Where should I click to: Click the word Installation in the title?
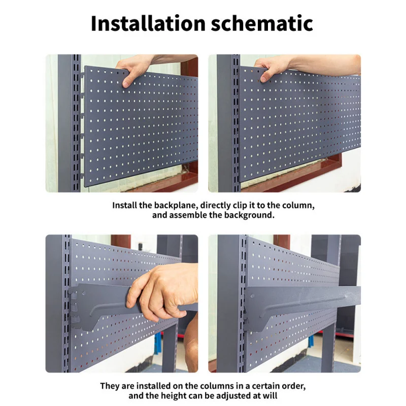[x=148, y=23]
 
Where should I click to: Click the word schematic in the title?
[x=262, y=23]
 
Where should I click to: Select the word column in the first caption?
[x=298, y=206]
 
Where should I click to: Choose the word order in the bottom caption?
[x=293, y=386]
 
